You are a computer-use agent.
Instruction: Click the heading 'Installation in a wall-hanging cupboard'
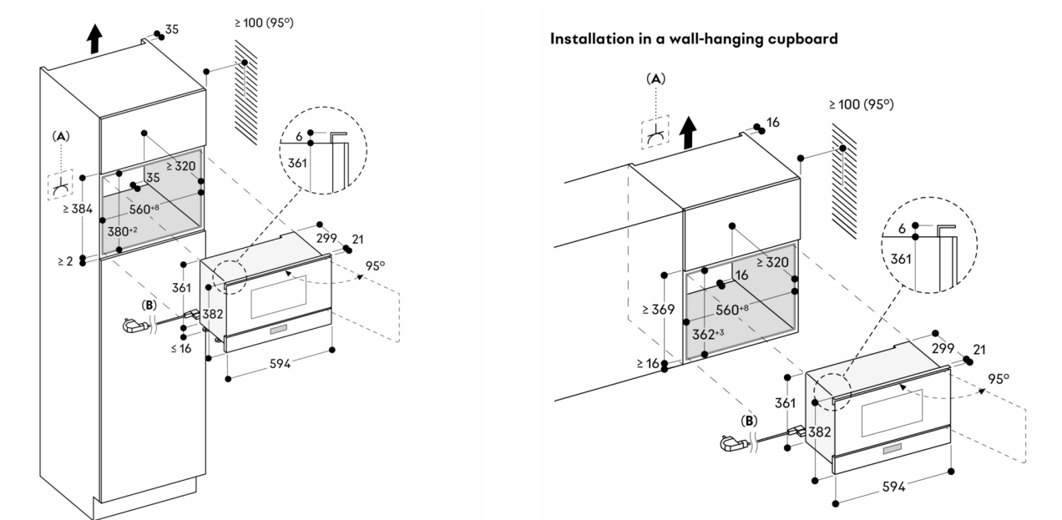pos(693,40)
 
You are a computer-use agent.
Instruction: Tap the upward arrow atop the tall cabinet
pos(94,38)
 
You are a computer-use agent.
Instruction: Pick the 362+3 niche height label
pos(709,333)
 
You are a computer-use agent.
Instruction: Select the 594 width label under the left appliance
pos(280,363)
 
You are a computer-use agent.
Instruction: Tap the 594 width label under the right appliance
pos(893,487)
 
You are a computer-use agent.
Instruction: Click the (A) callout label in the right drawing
pos(656,78)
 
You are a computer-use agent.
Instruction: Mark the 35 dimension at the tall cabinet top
pos(170,30)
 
